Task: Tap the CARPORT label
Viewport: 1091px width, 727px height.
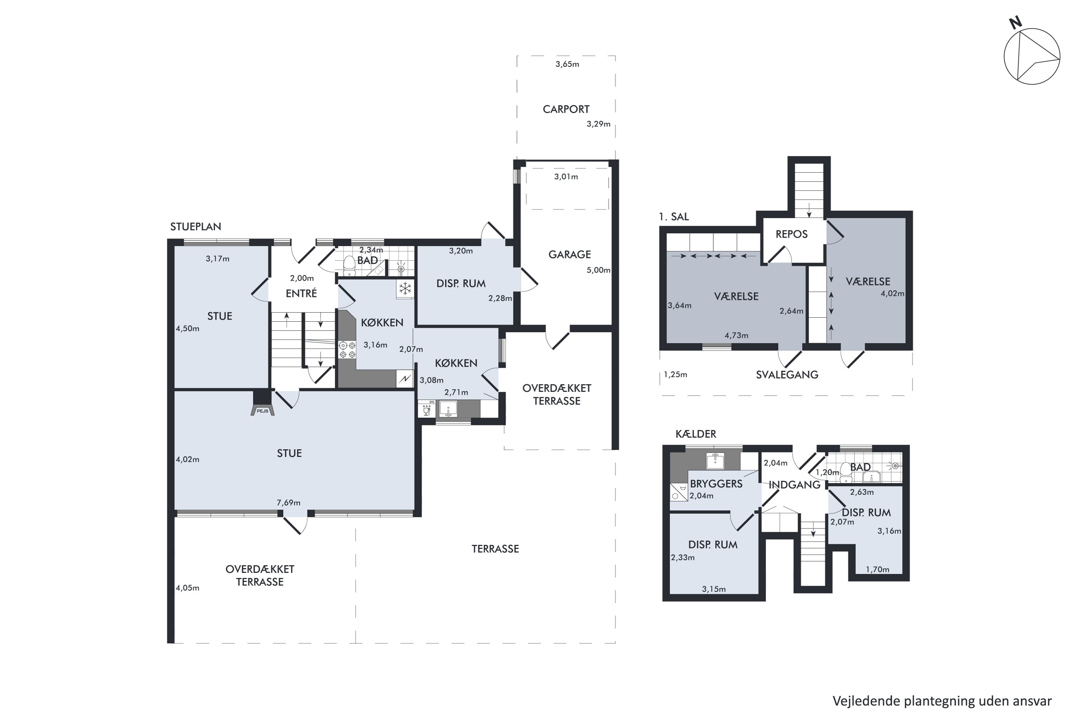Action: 566,109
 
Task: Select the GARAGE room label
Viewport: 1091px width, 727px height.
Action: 570,254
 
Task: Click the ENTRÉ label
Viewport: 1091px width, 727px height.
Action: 301,293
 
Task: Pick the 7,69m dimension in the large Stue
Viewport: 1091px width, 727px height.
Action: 288,503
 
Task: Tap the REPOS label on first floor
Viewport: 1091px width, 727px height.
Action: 791,234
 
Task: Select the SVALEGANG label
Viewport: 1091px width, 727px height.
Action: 787,375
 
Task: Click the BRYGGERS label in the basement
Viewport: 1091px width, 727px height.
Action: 716,484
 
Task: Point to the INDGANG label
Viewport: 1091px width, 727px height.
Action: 795,485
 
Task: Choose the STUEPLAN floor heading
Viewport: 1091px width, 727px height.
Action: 196,227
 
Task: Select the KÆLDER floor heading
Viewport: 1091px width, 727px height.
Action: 696,434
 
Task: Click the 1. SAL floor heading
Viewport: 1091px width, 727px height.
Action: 674,217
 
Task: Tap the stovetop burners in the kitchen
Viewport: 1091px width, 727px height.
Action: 347,350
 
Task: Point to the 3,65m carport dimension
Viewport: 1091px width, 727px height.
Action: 567,64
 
